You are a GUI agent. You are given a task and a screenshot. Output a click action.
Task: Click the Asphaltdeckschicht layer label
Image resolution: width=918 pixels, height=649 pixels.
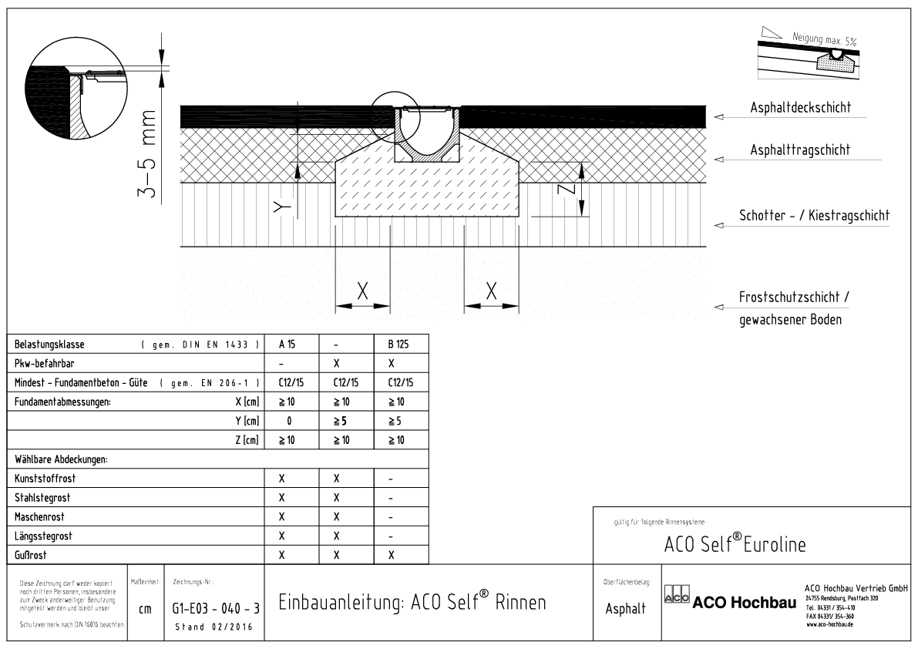pos(801,108)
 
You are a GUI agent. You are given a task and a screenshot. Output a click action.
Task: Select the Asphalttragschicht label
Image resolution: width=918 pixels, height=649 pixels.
pos(800,150)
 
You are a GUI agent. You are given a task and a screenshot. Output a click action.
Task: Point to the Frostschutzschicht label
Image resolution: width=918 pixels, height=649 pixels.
pos(795,298)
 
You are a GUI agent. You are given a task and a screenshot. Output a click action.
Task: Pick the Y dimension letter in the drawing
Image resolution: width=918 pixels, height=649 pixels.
pos(284,206)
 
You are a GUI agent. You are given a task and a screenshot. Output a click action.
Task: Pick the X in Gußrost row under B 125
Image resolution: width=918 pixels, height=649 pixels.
pos(392,554)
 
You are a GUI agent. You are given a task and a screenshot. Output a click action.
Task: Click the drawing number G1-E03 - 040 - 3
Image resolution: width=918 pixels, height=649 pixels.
pos(215,609)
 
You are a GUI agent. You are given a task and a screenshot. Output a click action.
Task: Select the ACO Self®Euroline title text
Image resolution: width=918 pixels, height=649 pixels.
pos(735,544)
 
